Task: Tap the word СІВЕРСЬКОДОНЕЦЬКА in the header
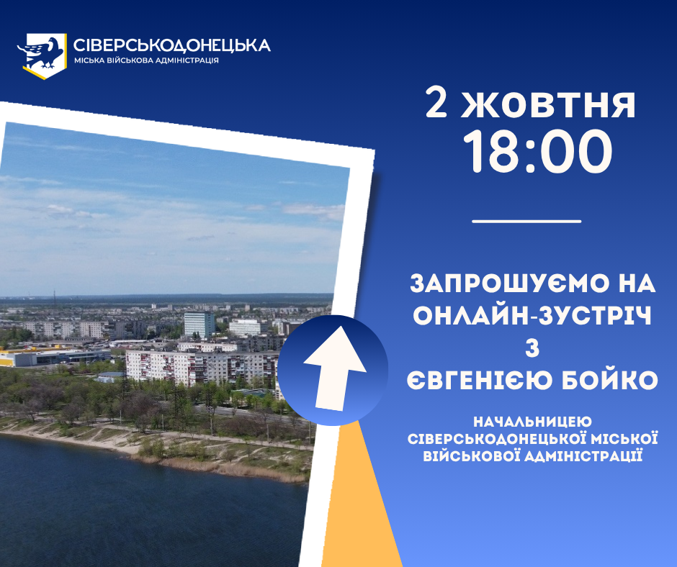172,45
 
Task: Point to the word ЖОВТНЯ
548,104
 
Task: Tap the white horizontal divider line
526,222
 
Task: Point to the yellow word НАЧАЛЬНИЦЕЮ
532,422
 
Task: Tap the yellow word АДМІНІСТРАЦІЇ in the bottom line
583,455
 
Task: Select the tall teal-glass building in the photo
199,324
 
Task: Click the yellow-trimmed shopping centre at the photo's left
54,356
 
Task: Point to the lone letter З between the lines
532,348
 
